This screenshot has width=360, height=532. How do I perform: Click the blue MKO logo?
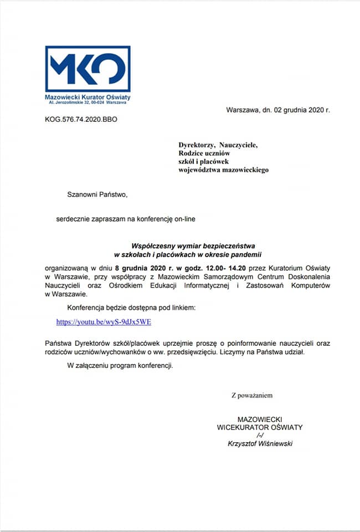tap(88, 68)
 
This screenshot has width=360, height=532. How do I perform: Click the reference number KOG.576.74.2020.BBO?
tap(81, 119)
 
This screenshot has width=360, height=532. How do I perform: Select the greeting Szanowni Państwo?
tap(97, 195)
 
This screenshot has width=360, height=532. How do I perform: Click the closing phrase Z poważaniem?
tap(252, 395)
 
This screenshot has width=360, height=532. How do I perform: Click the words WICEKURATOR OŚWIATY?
tap(260, 427)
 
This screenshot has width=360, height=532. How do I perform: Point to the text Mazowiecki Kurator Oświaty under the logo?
tap(88, 98)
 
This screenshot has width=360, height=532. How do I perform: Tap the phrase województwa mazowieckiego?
tap(223, 170)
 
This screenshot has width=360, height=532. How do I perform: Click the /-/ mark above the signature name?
tap(260, 435)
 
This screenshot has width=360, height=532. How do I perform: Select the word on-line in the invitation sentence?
tap(183, 219)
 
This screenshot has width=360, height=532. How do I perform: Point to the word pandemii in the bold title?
tap(248, 254)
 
